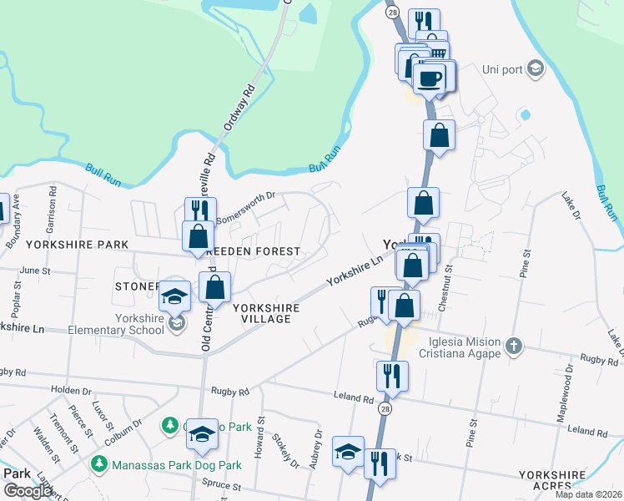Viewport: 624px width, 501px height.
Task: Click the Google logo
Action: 28,491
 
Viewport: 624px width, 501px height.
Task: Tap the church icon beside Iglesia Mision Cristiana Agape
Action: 514,344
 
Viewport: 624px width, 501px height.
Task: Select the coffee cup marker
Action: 430,80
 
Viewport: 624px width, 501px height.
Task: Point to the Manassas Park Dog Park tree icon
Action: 100,463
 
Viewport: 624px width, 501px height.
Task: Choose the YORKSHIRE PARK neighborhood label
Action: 77,245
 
